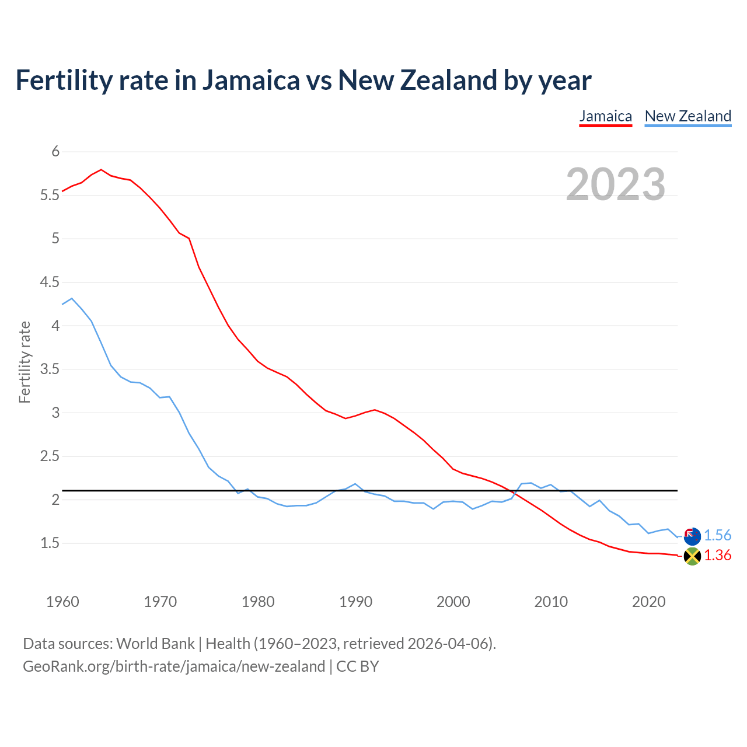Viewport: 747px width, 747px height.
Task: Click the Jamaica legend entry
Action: (605, 116)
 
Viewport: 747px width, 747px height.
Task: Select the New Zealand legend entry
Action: (687, 116)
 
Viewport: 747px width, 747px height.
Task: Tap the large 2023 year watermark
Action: (616, 184)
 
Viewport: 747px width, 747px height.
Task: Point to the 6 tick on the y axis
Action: (56, 152)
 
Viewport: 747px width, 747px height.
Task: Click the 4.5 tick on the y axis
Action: (50, 282)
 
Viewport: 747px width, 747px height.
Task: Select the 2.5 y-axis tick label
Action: (50, 456)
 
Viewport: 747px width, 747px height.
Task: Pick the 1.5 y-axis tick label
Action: (50, 543)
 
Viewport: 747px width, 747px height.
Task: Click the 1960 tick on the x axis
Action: (62, 602)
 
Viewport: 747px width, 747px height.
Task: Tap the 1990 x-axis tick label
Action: (355, 602)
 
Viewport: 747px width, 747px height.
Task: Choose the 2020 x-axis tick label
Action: (648, 602)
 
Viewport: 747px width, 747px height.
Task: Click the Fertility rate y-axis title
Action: (25, 362)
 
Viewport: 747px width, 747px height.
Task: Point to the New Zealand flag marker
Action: (692, 536)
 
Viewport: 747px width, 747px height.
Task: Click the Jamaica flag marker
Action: (692, 556)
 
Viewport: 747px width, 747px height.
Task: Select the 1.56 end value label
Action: (717, 536)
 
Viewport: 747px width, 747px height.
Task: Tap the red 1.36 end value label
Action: (717, 556)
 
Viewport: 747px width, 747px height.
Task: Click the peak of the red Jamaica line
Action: (102, 170)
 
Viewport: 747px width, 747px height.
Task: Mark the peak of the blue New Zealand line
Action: (72, 298)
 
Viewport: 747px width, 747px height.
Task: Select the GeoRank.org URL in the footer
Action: (174, 666)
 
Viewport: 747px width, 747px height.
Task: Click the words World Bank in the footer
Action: (155, 644)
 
